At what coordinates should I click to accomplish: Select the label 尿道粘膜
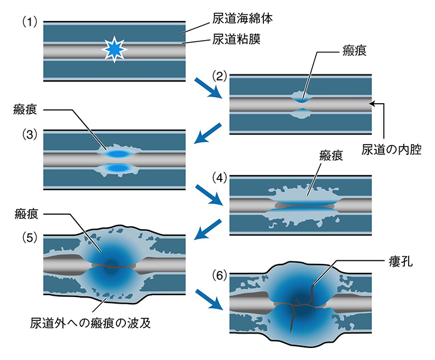click(233, 41)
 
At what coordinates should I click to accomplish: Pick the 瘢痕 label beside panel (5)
click(28, 214)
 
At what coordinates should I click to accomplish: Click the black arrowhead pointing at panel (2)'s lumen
click(375, 104)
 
